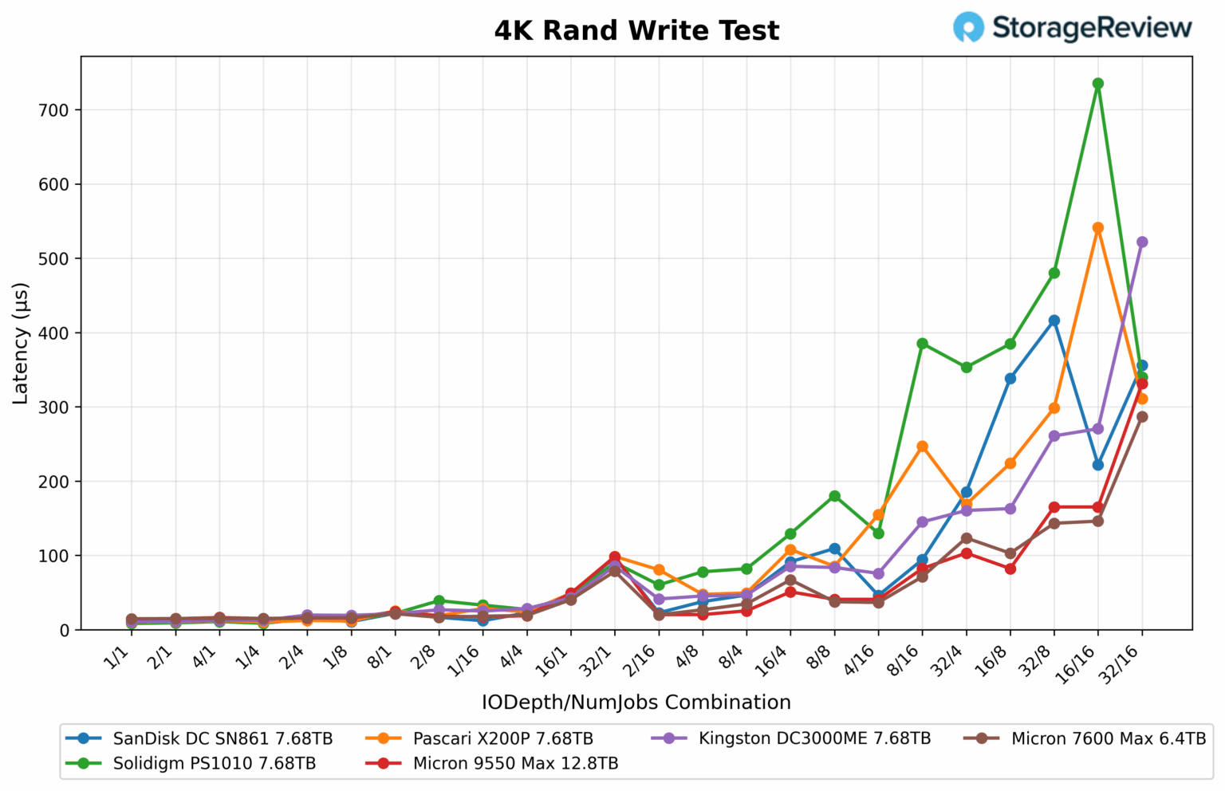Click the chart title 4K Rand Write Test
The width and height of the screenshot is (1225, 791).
tap(636, 31)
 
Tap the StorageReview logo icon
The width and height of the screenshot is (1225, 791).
tap(968, 27)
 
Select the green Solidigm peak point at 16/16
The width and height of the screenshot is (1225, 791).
tap(1097, 84)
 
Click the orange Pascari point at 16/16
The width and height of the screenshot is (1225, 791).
tap(1097, 228)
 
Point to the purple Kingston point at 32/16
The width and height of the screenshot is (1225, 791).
tap(1141, 242)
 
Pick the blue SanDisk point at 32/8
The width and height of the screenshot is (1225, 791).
tap(1054, 321)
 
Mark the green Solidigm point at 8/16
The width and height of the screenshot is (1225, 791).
tap(922, 344)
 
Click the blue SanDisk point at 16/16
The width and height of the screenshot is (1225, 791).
tap(1097, 465)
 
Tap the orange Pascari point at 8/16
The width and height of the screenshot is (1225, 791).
tap(922, 447)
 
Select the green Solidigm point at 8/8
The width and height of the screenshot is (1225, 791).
tap(834, 496)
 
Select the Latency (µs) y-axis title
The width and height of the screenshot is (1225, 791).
tap(21, 343)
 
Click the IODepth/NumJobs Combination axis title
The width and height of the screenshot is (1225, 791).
tap(636, 702)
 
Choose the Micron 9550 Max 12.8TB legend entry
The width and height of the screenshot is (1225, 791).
tap(515, 764)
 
